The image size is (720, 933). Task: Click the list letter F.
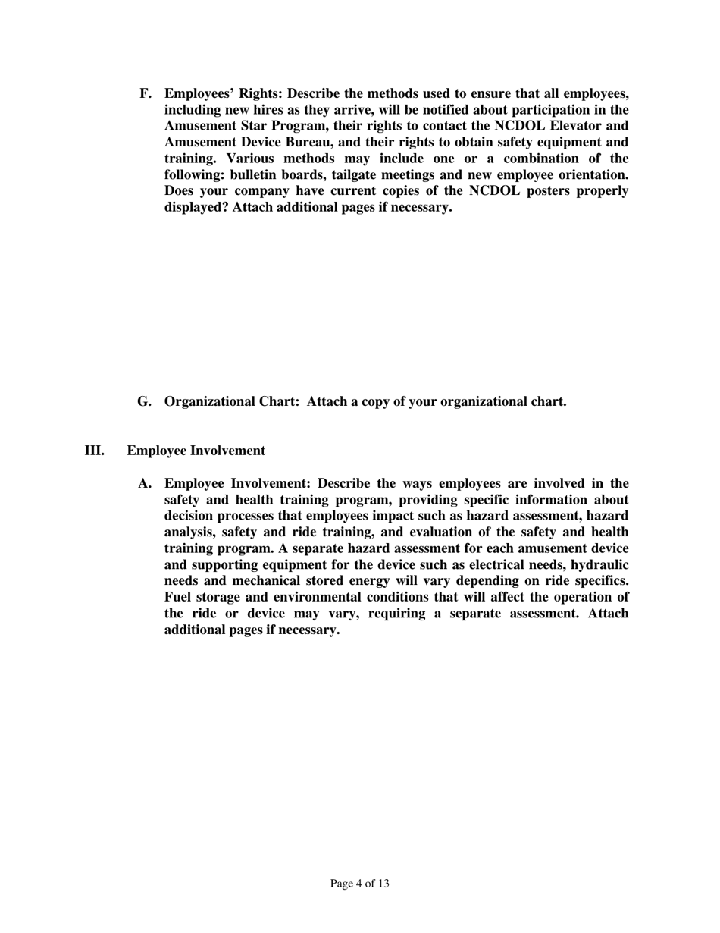(145, 94)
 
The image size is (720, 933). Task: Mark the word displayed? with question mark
(196, 207)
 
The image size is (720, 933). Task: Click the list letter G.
(144, 401)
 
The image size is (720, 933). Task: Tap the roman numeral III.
(95, 451)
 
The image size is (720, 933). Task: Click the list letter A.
(144, 484)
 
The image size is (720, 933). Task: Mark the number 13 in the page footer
(382, 884)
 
